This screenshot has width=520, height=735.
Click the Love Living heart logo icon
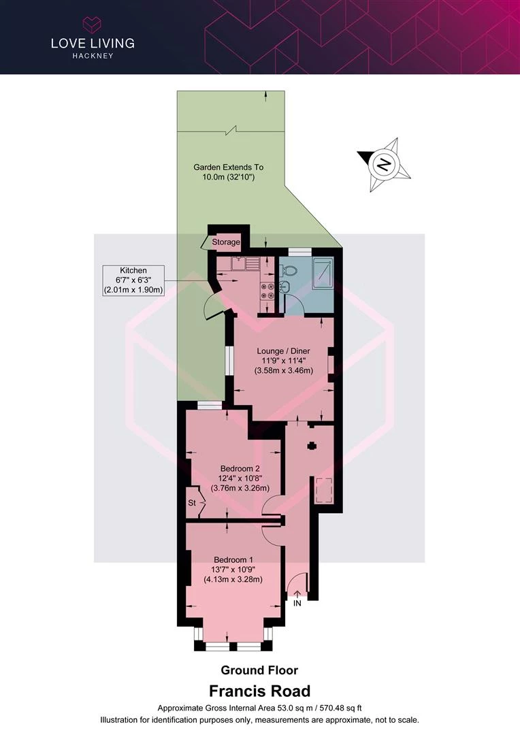pyautogui.click(x=93, y=24)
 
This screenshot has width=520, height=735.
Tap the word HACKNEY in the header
pyautogui.click(x=93, y=56)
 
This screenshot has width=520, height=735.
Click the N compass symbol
pyautogui.click(x=385, y=165)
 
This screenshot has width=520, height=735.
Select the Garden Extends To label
pyautogui.click(x=228, y=167)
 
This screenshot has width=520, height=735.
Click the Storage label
pyautogui.click(x=226, y=242)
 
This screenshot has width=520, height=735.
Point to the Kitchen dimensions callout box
pyautogui.click(x=133, y=280)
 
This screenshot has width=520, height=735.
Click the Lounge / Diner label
pyautogui.click(x=284, y=351)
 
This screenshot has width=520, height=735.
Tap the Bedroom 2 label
pyautogui.click(x=240, y=468)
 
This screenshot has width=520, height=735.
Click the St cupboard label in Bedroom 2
pyautogui.click(x=192, y=503)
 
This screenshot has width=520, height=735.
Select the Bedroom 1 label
pyautogui.click(x=233, y=559)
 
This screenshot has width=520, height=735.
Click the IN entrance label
pyautogui.click(x=297, y=603)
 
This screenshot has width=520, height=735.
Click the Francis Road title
pyautogui.click(x=259, y=691)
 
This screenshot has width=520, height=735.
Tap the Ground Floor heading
pyautogui.click(x=259, y=670)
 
